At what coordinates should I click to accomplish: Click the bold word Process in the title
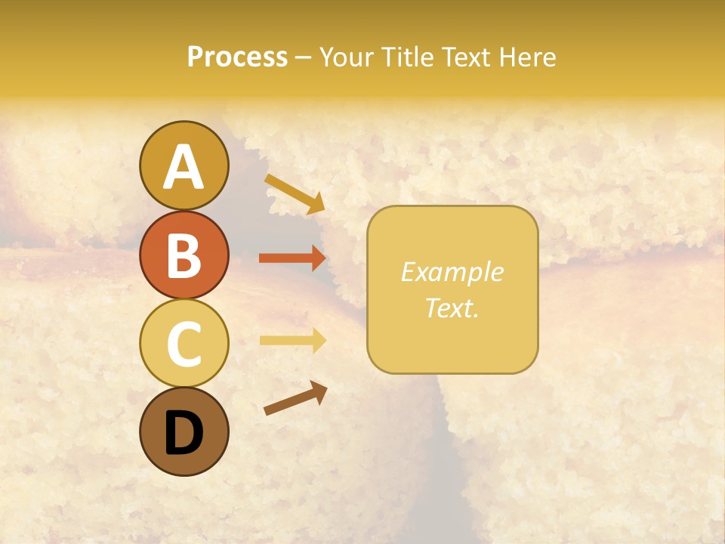[237, 57]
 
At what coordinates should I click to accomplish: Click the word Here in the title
[529, 57]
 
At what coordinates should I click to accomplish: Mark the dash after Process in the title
[303, 58]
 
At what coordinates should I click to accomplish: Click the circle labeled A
[184, 166]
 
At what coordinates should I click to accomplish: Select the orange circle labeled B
[184, 255]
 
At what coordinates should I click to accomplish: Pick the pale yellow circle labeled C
[184, 343]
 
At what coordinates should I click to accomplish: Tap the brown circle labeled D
[184, 431]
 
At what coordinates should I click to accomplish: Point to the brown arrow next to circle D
[295, 398]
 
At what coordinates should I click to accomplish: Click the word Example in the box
[452, 272]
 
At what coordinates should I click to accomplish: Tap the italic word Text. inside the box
[452, 308]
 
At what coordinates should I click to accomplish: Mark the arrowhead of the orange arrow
[318, 258]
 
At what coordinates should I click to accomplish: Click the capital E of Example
[408, 272]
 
